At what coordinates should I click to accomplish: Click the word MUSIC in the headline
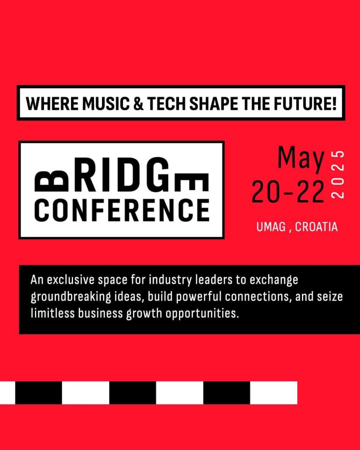coord(106,103)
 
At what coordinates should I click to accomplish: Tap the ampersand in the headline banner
coord(138,103)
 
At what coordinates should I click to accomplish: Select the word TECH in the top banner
coord(167,103)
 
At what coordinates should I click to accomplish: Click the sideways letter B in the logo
coord(51,182)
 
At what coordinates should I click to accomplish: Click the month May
coord(301,159)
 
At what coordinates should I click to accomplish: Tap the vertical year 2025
coord(338,174)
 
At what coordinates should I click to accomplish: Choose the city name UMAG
coord(271,227)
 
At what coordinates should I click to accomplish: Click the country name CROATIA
coord(316,227)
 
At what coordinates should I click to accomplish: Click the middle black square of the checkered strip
coord(133,393)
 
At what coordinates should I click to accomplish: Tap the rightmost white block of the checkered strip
coord(274,393)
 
